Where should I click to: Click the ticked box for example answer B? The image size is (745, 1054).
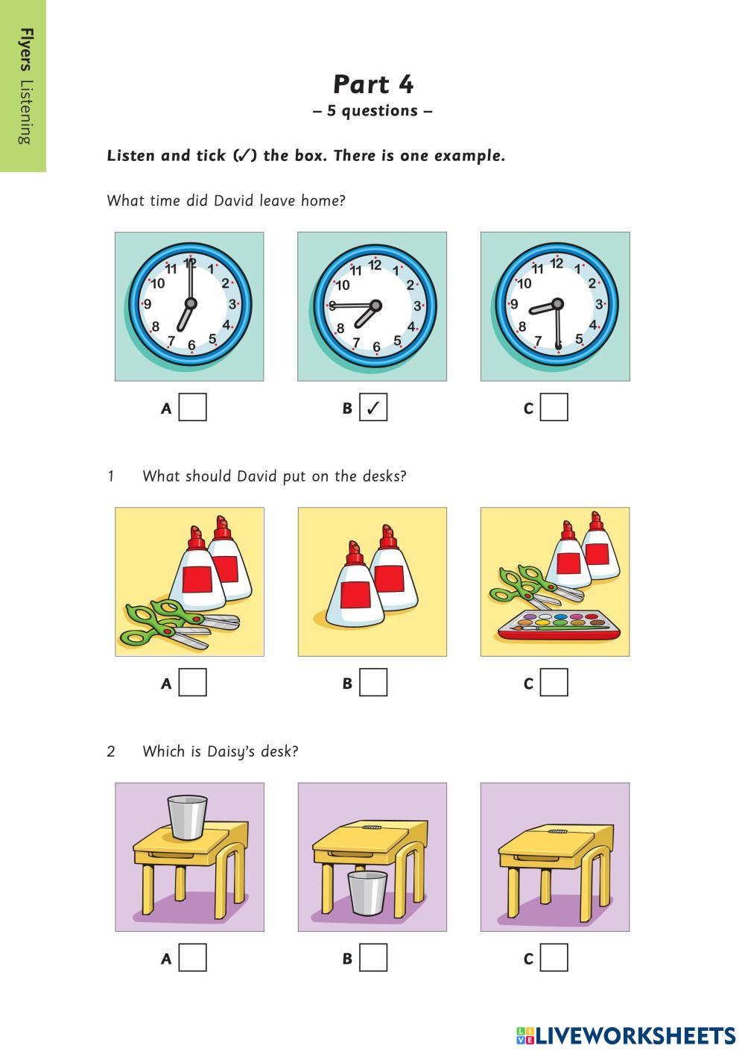tap(373, 407)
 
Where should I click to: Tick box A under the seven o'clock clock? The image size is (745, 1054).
tap(192, 407)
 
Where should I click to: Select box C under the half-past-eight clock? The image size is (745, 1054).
tap(554, 407)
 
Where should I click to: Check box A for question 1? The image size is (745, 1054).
tap(192, 682)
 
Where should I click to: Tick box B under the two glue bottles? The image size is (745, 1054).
tap(373, 682)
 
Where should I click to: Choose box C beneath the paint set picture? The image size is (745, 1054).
tap(554, 682)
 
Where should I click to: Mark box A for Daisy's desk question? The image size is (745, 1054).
tap(192, 957)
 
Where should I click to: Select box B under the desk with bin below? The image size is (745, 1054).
tap(373, 957)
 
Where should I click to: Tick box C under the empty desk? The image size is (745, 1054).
tap(554, 957)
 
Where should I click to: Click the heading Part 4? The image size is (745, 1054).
tap(373, 85)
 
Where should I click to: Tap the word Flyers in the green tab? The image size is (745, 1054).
tap(26, 49)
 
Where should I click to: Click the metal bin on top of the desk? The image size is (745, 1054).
tap(187, 817)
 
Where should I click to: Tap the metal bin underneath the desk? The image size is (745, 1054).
tap(367, 893)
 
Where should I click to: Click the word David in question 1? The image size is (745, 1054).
tap(256, 476)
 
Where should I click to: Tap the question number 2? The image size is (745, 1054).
tap(110, 751)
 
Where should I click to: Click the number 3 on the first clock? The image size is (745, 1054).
tap(232, 304)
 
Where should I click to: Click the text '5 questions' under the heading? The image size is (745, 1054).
tap(372, 110)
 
